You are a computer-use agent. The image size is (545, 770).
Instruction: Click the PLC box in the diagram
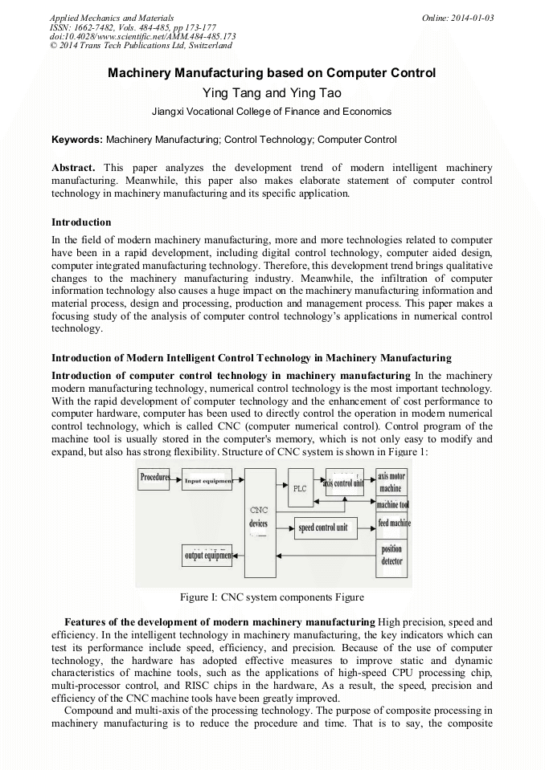(300, 487)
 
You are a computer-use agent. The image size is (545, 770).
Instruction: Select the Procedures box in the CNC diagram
(154, 479)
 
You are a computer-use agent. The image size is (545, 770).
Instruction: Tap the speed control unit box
(322, 528)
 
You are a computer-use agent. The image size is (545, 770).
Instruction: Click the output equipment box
(207, 555)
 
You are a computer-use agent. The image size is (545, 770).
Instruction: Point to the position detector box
(391, 556)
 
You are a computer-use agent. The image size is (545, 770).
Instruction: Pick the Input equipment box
(208, 482)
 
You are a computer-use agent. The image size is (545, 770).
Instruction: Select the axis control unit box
(343, 483)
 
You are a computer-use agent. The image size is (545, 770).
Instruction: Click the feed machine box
(393, 524)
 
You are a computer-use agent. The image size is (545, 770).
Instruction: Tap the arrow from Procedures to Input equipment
(176, 481)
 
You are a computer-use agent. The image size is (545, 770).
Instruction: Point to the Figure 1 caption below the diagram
(272, 597)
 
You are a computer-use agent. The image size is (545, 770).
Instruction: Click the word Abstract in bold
(73, 168)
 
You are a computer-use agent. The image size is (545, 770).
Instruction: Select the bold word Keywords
(76, 140)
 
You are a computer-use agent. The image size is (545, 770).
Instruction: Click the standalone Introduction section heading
(81, 222)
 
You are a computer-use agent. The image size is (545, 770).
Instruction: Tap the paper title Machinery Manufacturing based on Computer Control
(272, 73)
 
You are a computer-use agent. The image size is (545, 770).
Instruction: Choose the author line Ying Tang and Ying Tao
(272, 93)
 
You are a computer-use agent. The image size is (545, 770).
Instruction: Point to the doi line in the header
(143, 36)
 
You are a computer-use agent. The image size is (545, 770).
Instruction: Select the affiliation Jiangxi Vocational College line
(272, 112)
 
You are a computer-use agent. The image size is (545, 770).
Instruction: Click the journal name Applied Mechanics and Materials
(111, 18)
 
